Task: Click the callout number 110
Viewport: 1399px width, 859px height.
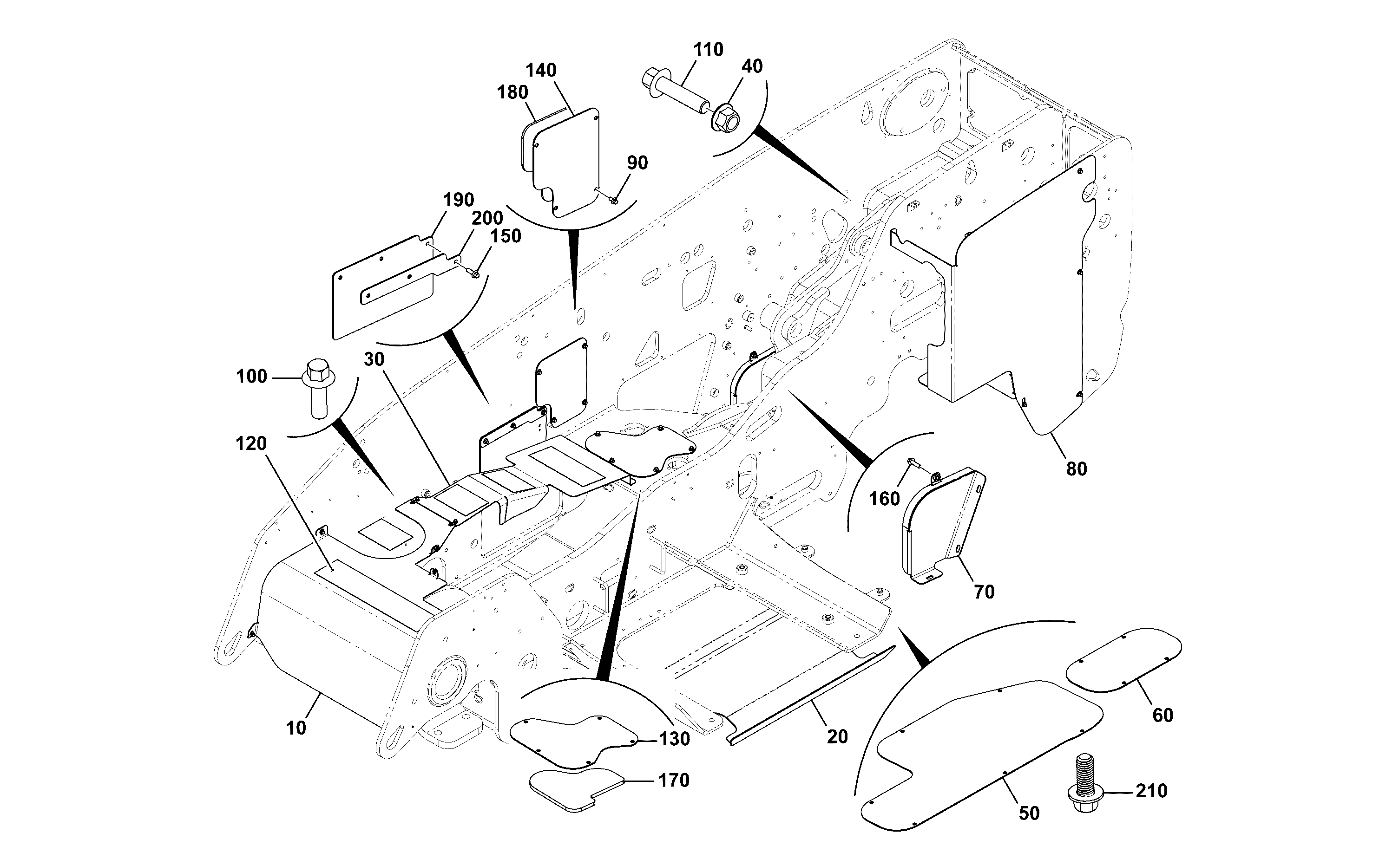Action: tap(708, 50)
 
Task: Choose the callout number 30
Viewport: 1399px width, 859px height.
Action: tap(374, 359)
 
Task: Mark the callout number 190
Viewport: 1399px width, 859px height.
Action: tap(459, 200)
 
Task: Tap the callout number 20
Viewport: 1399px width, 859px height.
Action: tap(837, 736)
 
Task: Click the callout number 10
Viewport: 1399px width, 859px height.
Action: tap(296, 728)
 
